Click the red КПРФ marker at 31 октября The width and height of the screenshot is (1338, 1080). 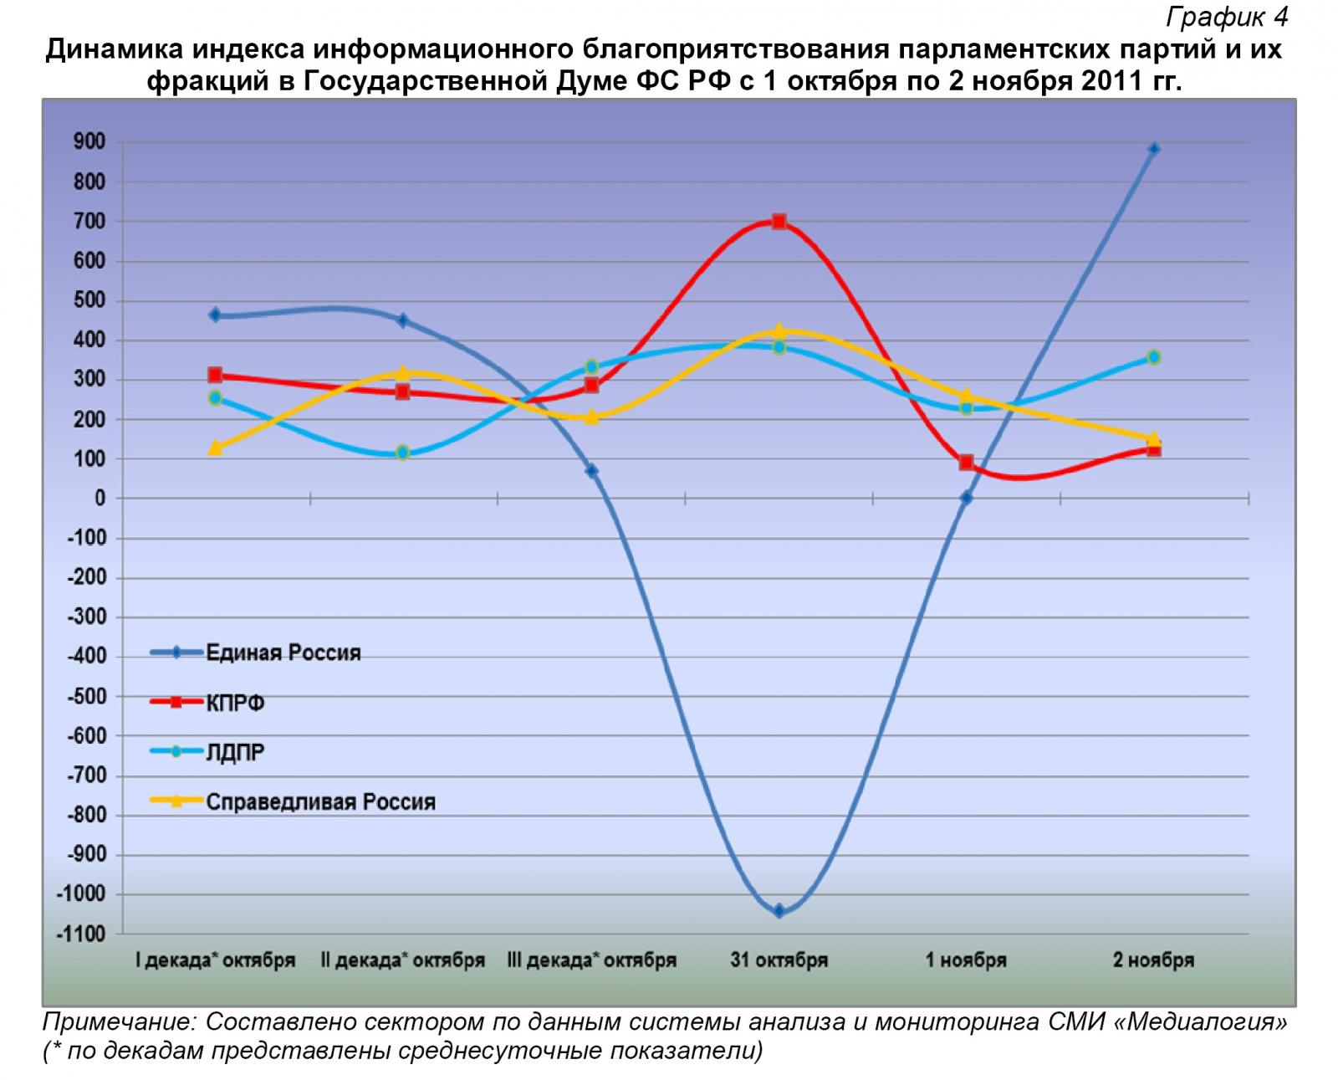point(779,222)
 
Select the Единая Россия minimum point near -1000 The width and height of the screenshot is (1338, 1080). point(779,911)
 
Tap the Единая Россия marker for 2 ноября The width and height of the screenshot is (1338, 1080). point(1154,149)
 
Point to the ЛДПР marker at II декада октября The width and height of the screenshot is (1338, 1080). point(402,453)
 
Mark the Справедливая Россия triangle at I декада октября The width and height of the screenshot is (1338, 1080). point(215,448)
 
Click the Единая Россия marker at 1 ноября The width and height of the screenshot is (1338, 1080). point(966,498)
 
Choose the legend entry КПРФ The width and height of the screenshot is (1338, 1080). point(236,703)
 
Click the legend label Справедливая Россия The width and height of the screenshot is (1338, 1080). point(320,801)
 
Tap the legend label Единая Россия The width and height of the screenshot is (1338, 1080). point(283,653)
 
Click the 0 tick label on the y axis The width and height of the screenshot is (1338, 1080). point(100,499)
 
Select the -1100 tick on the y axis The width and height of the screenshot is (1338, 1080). point(81,934)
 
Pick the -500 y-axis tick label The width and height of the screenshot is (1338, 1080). point(86,697)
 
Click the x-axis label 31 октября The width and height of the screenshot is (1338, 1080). point(779,960)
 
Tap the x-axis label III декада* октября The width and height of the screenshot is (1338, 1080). point(591,960)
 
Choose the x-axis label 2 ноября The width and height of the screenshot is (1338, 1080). point(1153,960)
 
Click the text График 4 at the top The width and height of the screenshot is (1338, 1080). point(1227,16)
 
